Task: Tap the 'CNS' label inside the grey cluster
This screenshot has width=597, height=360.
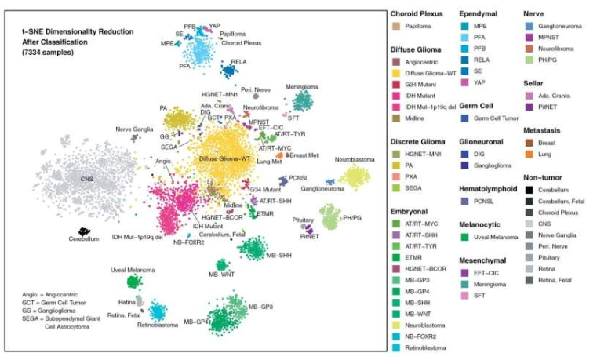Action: [x=86, y=180]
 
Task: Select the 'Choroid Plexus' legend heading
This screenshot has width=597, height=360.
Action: [x=418, y=13]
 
